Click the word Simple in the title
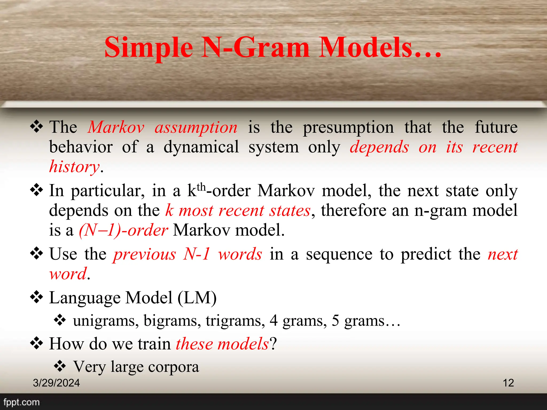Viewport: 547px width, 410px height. (149, 48)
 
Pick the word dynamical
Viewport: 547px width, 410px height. (201, 147)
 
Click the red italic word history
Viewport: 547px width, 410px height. (75, 167)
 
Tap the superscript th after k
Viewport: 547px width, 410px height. (201, 187)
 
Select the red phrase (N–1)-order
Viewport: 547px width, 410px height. (123, 230)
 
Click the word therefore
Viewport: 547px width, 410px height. (354, 210)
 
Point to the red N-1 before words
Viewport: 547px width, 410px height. (197, 254)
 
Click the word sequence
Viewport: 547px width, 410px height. (339, 254)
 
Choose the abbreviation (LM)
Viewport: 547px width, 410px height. (197, 298)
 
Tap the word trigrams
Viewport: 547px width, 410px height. (235, 321)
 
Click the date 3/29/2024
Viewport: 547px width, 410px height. (56, 383)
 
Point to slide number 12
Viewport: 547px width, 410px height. (508, 383)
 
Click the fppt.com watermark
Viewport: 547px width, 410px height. (21, 402)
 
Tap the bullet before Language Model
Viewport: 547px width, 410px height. (37, 297)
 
